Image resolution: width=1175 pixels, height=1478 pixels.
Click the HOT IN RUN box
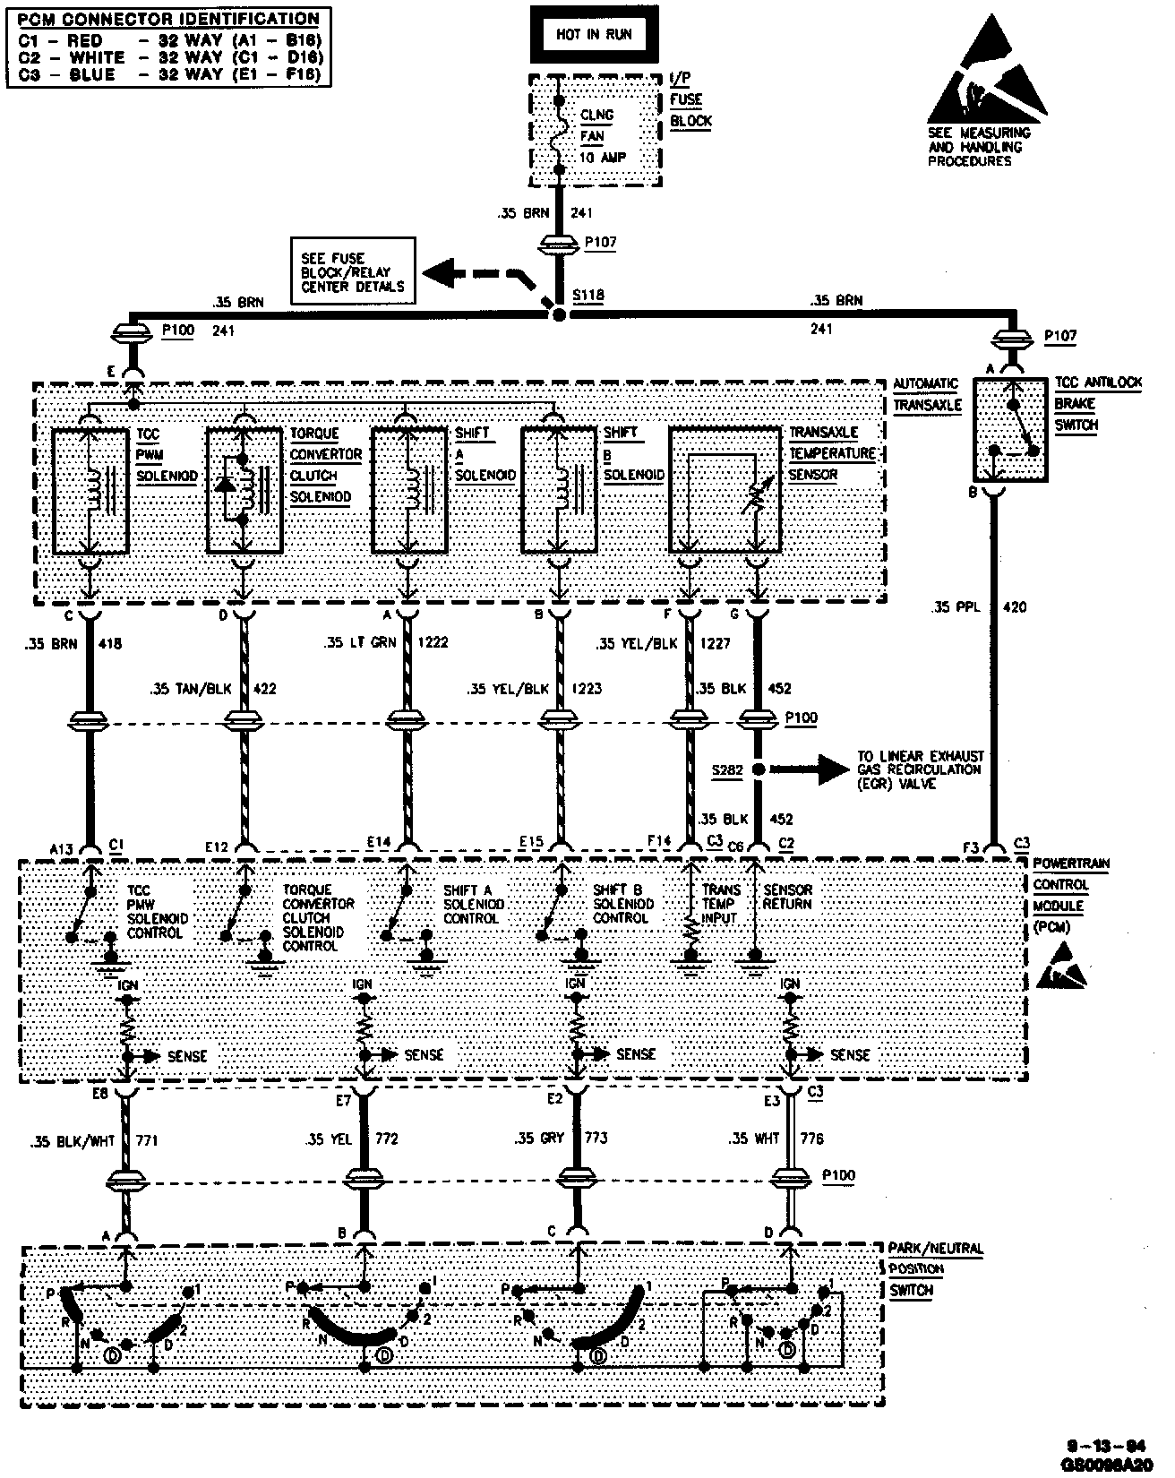594,35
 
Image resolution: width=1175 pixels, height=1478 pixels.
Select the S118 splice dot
559,315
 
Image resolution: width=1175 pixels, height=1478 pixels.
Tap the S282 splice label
726,769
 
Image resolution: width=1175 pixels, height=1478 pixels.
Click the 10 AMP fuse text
603,158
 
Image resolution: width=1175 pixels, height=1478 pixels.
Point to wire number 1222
433,642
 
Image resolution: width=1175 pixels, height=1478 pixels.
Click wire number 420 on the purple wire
1015,606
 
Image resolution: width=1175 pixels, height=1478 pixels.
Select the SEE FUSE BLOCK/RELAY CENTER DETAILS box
353,271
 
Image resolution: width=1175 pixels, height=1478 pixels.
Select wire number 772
387,1138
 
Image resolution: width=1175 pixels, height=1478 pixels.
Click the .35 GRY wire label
538,1138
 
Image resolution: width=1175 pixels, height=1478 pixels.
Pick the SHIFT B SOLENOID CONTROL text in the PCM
623,904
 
